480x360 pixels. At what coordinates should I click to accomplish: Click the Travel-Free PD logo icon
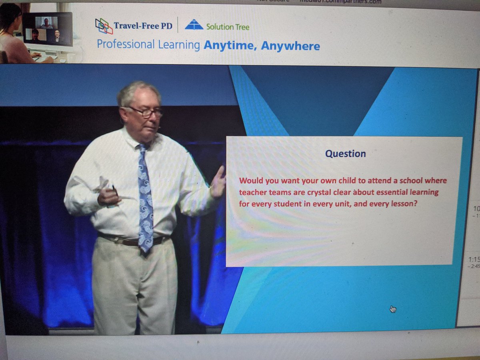pyautogui.click(x=104, y=26)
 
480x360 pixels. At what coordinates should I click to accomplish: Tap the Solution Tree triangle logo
pyautogui.click(x=194, y=25)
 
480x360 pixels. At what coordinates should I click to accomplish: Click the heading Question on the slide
pyautogui.click(x=345, y=154)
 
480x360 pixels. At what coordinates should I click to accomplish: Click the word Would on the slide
pyautogui.click(x=250, y=181)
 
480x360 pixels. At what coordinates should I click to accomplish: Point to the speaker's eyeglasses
pyautogui.click(x=146, y=112)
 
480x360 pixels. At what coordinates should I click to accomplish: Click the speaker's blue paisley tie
pyautogui.click(x=145, y=196)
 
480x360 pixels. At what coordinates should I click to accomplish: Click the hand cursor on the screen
pyautogui.click(x=393, y=309)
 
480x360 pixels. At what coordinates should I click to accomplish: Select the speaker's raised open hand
pyautogui.click(x=218, y=182)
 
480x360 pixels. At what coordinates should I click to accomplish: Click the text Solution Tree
pyautogui.click(x=228, y=27)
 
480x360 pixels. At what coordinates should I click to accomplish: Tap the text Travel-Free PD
pyautogui.click(x=143, y=26)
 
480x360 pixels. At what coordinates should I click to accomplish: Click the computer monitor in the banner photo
pyautogui.click(x=48, y=29)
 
